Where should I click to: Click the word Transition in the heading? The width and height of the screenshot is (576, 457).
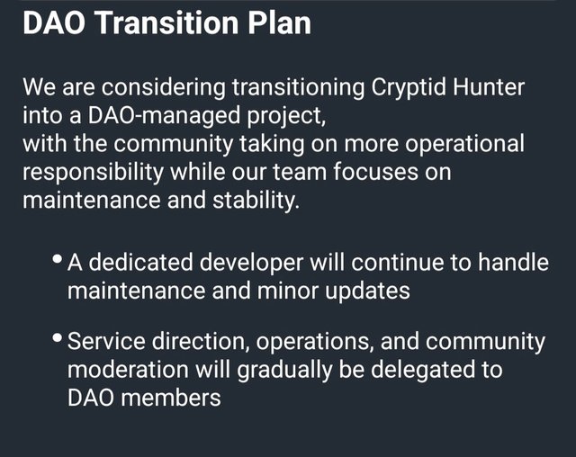(x=167, y=22)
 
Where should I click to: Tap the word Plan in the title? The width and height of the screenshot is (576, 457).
(x=279, y=22)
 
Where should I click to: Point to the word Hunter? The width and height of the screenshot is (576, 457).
(x=489, y=87)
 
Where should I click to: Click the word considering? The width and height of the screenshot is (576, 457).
(x=163, y=88)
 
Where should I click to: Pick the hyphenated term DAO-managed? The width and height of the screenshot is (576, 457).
(x=164, y=117)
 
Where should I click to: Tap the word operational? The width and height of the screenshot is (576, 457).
(x=464, y=145)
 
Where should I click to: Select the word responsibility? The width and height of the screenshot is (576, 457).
(x=93, y=173)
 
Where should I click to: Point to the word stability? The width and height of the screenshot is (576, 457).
(x=256, y=201)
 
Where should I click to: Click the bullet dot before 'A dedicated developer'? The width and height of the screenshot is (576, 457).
(x=57, y=258)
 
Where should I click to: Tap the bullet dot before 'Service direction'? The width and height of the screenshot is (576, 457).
(x=57, y=337)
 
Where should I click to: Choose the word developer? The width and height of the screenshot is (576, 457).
(x=251, y=264)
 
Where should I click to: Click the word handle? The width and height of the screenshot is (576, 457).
(x=513, y=263)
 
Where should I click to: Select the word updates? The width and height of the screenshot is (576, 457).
(x=367, y=291)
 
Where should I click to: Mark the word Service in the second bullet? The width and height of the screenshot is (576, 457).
(x=106, y=341)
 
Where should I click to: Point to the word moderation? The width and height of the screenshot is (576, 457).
(x=128, y=369)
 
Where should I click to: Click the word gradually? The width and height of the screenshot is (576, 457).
(x=284, y=371)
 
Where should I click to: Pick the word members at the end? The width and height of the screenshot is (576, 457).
(x=171, y=398)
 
